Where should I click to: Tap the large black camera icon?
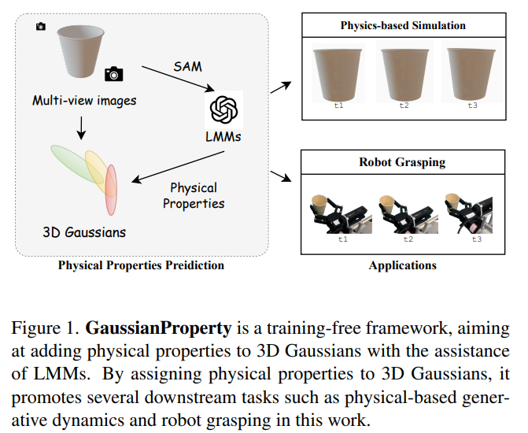click(114, 74)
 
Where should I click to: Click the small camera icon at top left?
click(41, 27)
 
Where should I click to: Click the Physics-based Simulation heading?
click(403, 25)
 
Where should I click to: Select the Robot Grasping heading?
click(403, 163)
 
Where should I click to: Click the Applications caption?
click(403, 265)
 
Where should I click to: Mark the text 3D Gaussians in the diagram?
click(83, 232)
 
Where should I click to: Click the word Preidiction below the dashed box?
click(194, 265)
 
